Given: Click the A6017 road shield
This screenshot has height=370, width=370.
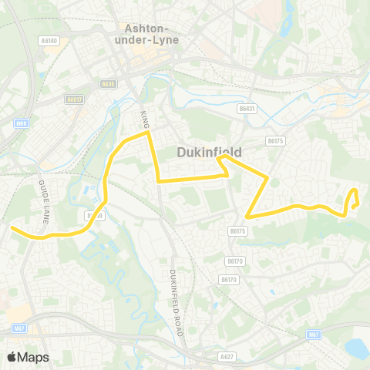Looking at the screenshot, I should [x=74, y=99].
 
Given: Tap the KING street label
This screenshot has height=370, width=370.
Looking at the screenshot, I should [x=144, y=119].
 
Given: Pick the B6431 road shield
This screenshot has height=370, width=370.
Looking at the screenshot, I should [x=247, y=109].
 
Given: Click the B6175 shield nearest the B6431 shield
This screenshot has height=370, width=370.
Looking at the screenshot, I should [x=275, y=141].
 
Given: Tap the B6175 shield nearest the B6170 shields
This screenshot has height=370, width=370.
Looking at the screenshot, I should [x=237, y=230].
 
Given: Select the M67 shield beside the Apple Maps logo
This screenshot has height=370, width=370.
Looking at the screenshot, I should [x=19, y=328].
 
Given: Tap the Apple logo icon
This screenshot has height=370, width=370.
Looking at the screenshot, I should [x=12, y=357].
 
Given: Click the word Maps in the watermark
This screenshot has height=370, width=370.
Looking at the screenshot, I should [x=33, y=357].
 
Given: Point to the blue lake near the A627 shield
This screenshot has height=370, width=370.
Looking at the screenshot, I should [x=357, y=349].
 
